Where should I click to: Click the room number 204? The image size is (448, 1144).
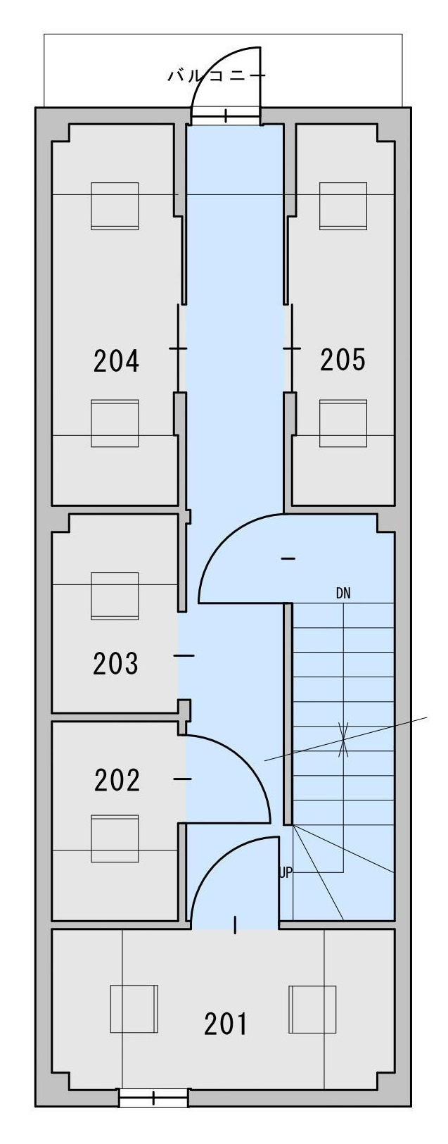[x=116, y=360]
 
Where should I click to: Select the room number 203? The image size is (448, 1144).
[x=115, y=663]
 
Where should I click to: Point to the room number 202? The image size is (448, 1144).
[x=117, y=780]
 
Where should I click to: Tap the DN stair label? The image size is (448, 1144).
[x=343, y=593]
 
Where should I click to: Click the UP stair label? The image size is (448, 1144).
[x=286, y=873]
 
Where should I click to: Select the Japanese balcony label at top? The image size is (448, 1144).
[x=217, y=76]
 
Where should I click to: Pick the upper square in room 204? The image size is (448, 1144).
[x=115, y=206]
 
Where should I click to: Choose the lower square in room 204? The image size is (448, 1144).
[x=115, y=423]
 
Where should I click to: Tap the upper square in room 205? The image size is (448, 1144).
[x=343, y=206]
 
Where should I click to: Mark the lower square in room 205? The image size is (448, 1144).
[x=343, y=423]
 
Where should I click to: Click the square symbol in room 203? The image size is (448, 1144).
[x=115, y=596]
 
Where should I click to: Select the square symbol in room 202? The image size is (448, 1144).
[x=115, y=838]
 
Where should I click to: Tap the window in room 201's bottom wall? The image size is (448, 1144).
[x=153, y=1112]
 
